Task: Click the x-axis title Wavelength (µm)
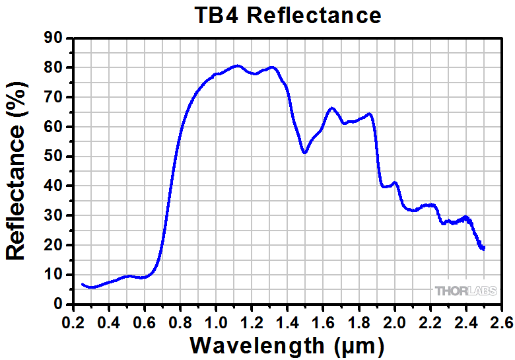tap(287, 344)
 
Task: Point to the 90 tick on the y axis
tap(54, 38)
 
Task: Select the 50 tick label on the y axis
tap(54, 157)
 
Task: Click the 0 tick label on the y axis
tap(59, 305)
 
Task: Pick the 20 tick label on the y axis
tap(54, 245)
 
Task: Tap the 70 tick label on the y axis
tap(54, 97)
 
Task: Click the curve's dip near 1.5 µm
tap(304, 153)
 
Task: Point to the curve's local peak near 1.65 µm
tap(331, 108)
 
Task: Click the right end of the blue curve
tap(484, 248)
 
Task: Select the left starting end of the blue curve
tap(82, 284)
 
